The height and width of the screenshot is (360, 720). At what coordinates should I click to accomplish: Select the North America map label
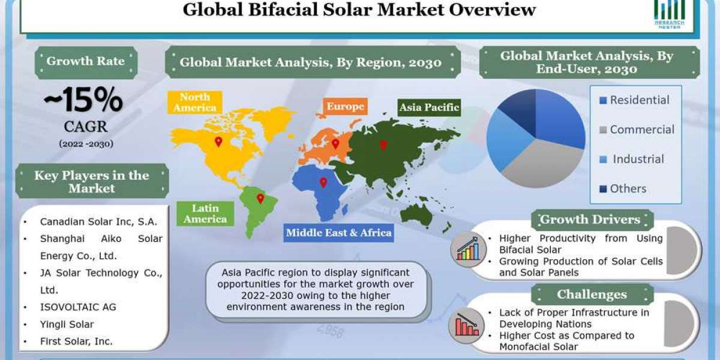(x=194, y=103)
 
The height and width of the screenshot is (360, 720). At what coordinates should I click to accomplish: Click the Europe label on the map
(x=345, y=107)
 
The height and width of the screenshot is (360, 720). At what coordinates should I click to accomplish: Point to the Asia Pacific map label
(x=429, y=108)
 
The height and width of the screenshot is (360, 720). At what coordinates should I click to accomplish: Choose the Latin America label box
(x=205, y=214)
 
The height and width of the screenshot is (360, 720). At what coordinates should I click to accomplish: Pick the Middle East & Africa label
(x=338, y=233)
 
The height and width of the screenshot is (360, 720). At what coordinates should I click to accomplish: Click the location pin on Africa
(x=323, y=182)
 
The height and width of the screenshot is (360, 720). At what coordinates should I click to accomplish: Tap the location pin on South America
(x=260, y=198)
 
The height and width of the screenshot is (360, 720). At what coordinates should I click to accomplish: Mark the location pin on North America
(x=218, y=142)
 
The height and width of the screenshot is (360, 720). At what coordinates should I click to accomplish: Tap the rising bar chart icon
(x=467, y=249)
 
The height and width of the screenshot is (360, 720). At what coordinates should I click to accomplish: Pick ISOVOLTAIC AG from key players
(x=78, y=307)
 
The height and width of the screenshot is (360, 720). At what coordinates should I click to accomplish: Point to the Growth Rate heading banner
(x=86, y=61)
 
